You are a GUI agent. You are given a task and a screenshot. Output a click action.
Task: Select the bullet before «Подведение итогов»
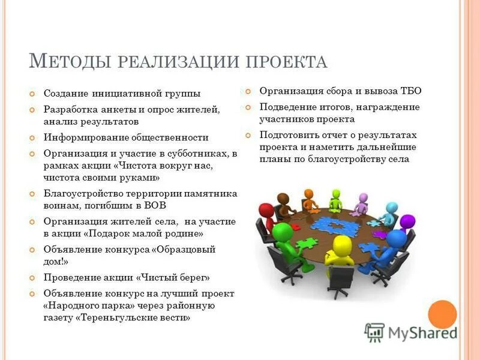248,107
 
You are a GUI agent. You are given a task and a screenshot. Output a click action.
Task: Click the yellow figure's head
343,244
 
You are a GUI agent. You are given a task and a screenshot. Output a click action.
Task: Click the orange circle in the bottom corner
443,314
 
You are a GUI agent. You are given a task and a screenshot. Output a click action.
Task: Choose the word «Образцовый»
186,249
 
